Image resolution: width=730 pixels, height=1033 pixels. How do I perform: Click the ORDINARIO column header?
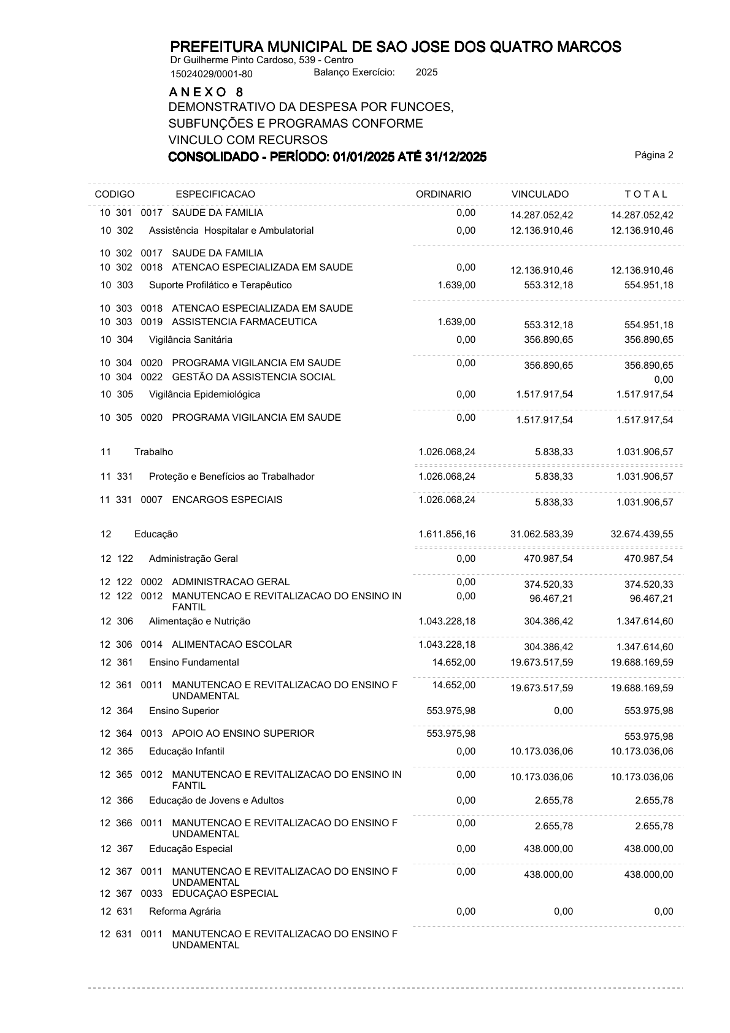coord(444,194)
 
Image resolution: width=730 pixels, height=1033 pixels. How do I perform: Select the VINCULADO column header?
coord(540,194)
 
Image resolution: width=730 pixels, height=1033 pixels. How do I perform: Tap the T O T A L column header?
coord(645,194)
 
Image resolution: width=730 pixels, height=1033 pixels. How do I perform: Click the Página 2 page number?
coord(654,155)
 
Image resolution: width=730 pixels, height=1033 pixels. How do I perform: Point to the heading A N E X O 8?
coord(206,92)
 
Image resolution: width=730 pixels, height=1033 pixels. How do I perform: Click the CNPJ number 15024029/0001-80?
coord(211,74)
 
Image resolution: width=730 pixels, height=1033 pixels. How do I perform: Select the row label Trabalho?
coord(154,452)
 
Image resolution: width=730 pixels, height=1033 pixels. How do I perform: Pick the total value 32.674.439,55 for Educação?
coord(642,534)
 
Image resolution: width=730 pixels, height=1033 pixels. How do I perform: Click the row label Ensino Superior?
coord(183,711)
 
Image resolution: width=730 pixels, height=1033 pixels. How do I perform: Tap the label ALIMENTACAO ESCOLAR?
coord(232,645)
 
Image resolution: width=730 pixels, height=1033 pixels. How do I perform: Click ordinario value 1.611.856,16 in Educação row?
coord(447,534)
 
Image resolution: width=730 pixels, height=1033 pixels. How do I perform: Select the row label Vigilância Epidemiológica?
coord(204,394)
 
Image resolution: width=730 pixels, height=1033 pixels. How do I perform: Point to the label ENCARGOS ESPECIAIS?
coord(227,500)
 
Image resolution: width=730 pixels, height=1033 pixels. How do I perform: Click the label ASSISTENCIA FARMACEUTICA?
coord(244,322)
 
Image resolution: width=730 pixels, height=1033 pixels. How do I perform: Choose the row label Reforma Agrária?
coord(185,912)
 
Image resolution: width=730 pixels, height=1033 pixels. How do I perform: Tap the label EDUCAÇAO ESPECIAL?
coord(225,894)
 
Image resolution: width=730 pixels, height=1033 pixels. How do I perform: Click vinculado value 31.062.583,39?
coord(542,534)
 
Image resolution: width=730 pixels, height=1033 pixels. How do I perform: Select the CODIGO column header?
coord(115,194)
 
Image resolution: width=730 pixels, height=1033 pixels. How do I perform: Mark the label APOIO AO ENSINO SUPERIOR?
coord(243,734)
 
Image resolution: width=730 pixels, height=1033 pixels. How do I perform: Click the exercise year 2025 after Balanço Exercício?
coord(426,72)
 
